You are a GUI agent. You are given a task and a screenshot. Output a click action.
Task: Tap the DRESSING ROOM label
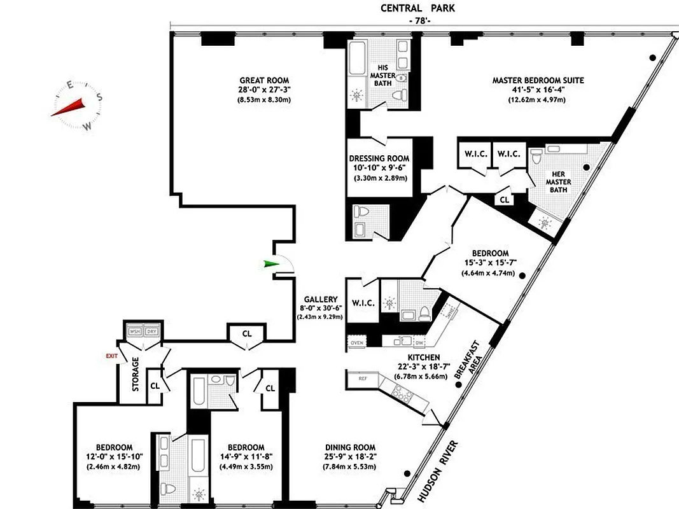pos(379,158)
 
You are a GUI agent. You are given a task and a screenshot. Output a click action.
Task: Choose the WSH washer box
pos(135,331)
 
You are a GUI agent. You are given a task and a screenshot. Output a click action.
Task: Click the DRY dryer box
pos(151,331)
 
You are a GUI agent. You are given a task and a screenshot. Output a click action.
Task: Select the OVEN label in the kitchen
pos(357,343)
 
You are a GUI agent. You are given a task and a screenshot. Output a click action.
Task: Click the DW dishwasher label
pos(419,342)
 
